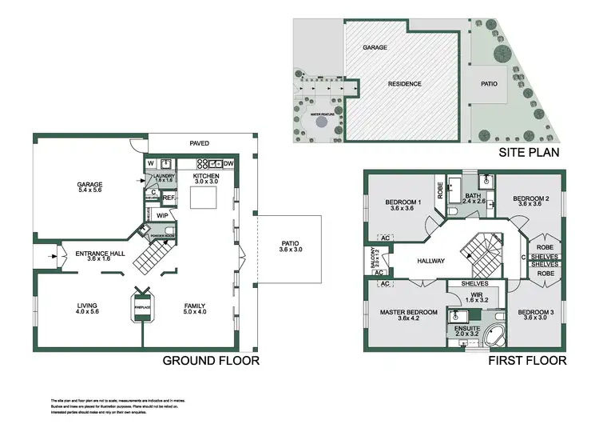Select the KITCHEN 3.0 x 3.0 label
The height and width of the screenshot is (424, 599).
coord(205,178)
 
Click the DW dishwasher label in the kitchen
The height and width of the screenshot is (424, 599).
coord(228,164)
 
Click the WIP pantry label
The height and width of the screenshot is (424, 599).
coord(161,215)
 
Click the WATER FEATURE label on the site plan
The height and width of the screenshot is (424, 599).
coord(322,114)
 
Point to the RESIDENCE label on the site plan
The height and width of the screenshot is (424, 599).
coord(405,83)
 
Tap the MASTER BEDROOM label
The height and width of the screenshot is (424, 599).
coord(407,314)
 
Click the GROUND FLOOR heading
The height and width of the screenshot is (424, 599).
coord(211,361)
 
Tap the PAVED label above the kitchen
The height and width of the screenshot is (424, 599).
coord(199,143)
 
